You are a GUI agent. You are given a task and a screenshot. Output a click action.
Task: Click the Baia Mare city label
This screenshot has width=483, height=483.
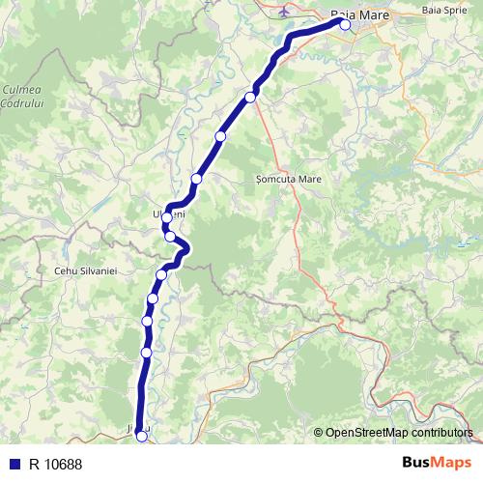359,15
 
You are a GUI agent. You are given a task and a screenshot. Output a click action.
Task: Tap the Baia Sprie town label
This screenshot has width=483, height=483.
442,10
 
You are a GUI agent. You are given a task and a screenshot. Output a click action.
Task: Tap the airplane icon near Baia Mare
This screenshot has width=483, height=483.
282,14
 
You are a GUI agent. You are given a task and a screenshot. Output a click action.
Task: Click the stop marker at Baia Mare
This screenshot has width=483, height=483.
345,25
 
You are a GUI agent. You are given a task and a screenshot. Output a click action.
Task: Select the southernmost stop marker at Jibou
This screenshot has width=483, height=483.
142,437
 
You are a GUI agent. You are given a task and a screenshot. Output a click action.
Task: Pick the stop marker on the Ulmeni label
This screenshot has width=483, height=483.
167,217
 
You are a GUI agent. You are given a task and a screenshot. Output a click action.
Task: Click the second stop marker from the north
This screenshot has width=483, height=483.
251,97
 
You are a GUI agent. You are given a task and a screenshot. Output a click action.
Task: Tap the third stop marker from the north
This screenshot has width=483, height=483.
220,137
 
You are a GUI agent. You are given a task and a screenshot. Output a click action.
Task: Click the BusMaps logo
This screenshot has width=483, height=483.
437,463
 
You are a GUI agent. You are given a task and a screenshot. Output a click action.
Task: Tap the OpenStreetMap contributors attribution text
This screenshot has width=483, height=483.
398,433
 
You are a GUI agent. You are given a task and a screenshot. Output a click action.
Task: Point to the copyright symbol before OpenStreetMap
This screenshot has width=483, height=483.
318,433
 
